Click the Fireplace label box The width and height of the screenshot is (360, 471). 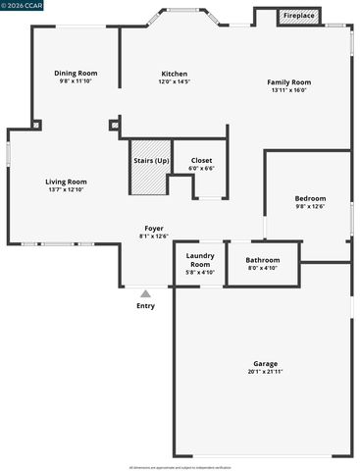(x=299, y=17)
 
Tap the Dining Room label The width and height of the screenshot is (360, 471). (x=76, y=73)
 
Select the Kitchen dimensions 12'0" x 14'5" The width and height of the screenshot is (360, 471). (x=175, y=81)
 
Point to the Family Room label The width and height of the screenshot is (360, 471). (x=289, y=81)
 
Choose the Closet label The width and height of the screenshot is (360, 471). (x=201, y=160)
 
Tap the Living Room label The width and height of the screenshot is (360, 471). (x=66, y=181)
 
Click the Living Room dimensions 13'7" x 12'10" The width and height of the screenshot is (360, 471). (x=66, y=188)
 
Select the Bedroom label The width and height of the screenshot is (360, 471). (x=310, y=198)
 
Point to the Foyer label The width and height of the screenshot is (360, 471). (x=154, y=228)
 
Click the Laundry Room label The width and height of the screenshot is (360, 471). (x=200, y=260)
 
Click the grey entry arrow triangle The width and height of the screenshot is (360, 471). (x=145, y=292)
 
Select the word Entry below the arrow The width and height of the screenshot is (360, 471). (x=145, y=305)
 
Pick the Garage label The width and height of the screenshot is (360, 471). (x=265, y=363)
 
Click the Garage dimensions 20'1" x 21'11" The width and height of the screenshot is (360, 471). (x=265, y=371)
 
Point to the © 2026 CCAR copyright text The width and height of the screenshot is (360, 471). (x=25, y=6)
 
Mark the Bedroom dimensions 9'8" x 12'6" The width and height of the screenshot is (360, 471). (x=310, y=206)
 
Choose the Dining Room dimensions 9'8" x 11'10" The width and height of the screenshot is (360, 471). (x=76, y=80)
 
